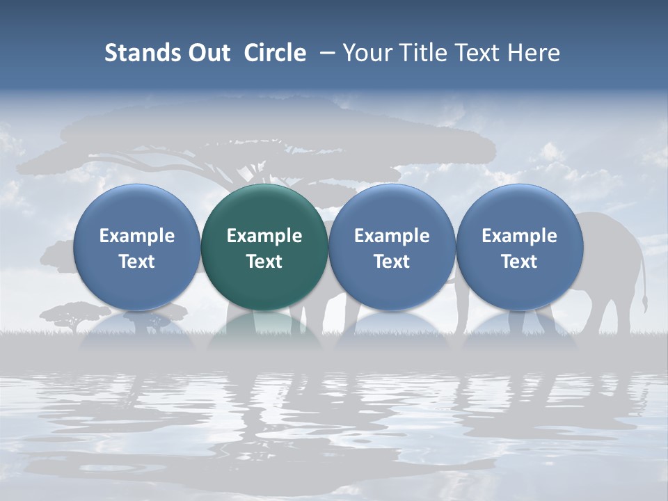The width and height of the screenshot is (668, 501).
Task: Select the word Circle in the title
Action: (x=275, y=53)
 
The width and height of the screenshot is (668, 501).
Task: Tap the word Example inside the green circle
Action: (x=264, y=236)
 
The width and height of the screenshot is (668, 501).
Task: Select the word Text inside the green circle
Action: (x=264, y=262)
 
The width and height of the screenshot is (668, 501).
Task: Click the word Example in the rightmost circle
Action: (x=519, y=236)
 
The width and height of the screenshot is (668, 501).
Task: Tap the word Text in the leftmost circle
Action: (x=137, y=262)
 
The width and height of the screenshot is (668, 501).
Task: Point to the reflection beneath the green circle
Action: (x=264, y=331)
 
